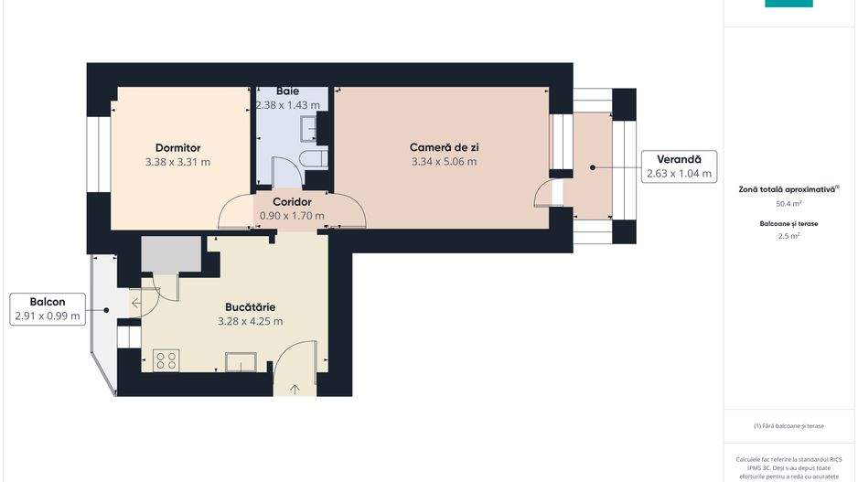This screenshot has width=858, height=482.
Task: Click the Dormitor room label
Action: coord(177,148)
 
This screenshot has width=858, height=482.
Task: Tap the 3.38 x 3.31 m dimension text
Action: coord(177,162)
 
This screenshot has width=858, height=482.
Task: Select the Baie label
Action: coord(287,91)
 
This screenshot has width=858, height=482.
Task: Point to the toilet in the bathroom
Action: coord(313,159)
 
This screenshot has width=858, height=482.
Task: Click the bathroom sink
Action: coord(309,129)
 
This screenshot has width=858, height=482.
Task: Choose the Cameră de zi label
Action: coord(444,147)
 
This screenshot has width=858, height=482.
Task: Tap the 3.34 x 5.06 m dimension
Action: coord(444,161)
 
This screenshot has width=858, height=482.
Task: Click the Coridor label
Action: coord(292,202)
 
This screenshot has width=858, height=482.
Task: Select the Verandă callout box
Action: coord(679,166)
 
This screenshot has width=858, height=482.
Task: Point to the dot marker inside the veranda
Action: coord(593,167)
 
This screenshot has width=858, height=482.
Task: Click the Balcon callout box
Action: coord(48,309)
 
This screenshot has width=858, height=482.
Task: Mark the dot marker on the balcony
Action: coord(106,310)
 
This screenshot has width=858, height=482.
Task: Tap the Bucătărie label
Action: coord(250,307)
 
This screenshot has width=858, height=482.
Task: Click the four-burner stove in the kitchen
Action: coord(166,360)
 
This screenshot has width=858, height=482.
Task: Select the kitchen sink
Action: coord(241,362)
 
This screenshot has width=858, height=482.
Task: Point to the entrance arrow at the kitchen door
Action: coord(295,390)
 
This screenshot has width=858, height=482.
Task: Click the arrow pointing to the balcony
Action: coord(135,303)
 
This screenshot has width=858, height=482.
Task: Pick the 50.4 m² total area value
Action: coord(788,204)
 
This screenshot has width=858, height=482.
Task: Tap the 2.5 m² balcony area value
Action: coord(788,236)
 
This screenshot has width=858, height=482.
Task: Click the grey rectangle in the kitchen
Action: coord(171,254)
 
